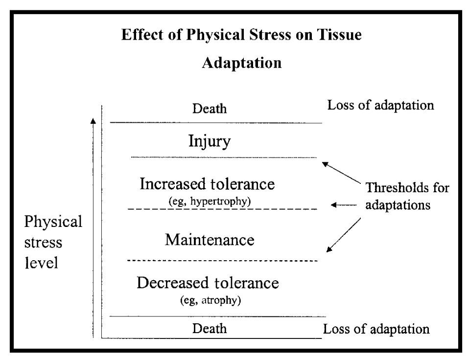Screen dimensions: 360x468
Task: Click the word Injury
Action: coord(209,142)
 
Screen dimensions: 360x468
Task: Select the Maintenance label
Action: coord(210,240)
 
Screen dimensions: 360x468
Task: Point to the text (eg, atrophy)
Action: coord(210,300)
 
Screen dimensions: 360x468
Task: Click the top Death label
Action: coord(209,108)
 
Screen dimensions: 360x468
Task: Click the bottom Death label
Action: coord(210,328)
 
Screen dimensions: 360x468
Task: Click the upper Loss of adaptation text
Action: coord(380,106)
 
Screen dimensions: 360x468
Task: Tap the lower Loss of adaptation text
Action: coord(376,329)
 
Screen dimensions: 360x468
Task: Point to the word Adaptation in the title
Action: coord(242,64)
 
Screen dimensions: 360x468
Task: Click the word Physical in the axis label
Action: coord(53,222)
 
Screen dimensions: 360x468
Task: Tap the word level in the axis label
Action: coord(41,263)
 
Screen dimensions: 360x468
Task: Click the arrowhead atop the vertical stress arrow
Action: coord(93,120)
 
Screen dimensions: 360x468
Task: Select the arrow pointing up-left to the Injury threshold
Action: coord(341,173)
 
